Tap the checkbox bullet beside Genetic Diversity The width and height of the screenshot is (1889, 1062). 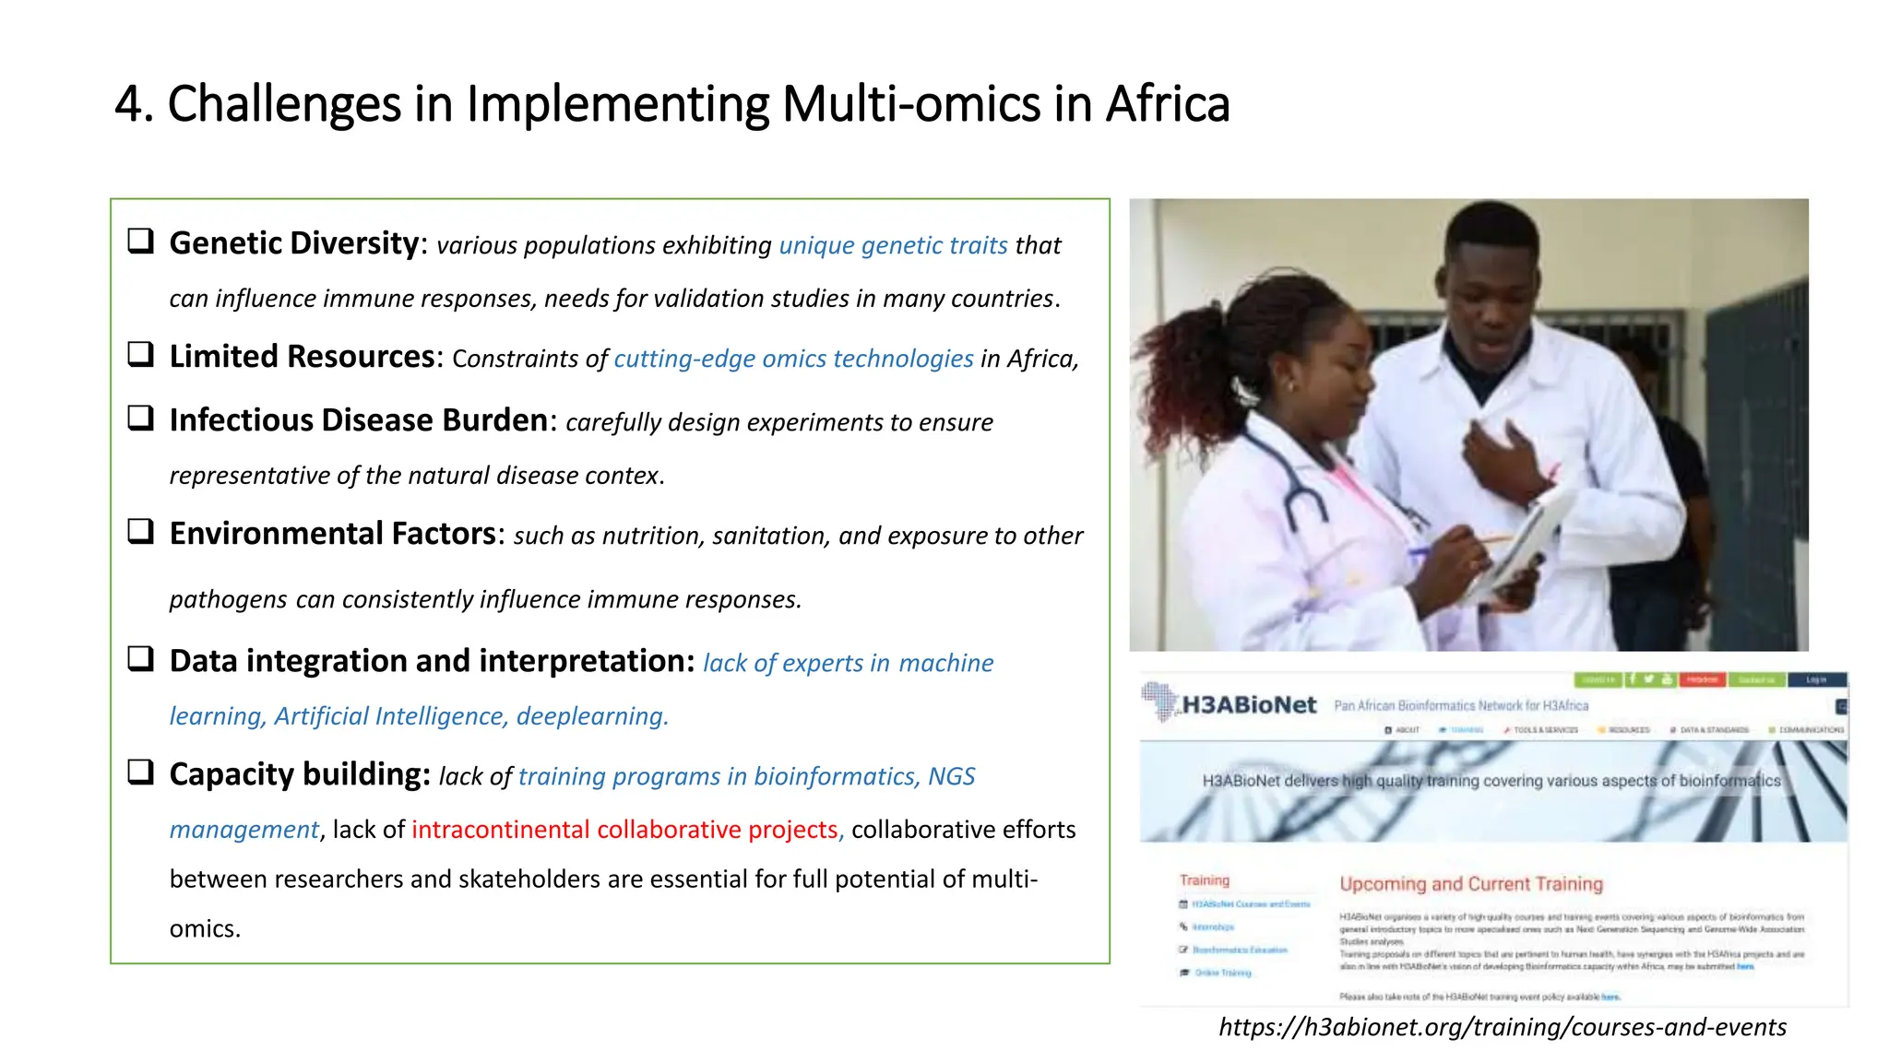[x=140, y=242]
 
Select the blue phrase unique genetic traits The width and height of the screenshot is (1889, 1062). [x=893, y=245]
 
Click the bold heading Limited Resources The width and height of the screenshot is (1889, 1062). [x=302, y=357]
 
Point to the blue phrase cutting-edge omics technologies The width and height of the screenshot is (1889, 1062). [x=793, y=359]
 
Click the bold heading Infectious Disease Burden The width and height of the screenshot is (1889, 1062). [x=359, y=420]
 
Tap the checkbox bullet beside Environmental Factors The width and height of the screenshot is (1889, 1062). [x=140, y=532]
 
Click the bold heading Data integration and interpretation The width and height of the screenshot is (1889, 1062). [x=431, y=661]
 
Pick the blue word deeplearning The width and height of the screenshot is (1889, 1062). [x=590, y=716]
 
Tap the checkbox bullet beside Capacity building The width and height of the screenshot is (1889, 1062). [x=140, y=773]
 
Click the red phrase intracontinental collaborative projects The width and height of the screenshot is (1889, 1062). [x=624, y=830]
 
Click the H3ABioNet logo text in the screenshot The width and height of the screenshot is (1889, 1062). [x=1248, y=705]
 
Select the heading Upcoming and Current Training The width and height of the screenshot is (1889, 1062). [x=1470, y=884]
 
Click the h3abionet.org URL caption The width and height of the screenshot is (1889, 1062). [x=1502, y=1027]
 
